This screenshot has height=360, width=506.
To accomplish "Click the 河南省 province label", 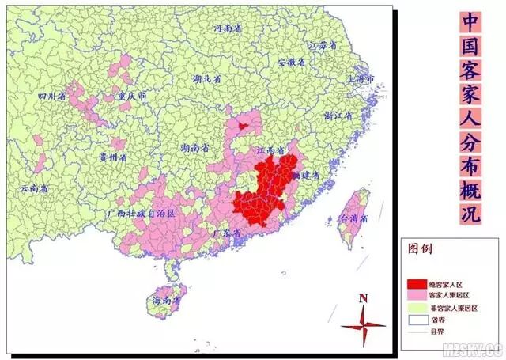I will point(228,28).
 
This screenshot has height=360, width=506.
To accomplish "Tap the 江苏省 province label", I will point(323,45).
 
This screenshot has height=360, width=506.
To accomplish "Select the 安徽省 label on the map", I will point(291,63).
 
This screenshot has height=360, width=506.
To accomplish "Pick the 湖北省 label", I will point(208,80).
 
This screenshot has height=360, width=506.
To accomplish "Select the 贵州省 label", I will point(112,157).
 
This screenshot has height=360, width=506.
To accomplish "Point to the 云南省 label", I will point(34,189).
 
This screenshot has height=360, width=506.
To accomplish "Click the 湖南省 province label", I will point(194,148).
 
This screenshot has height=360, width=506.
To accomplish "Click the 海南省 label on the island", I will point(166,301).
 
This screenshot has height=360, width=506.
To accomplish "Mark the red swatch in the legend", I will point(417,282).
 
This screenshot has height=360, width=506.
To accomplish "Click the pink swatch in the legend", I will point(417,295).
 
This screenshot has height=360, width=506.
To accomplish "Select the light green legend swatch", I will point(417,308).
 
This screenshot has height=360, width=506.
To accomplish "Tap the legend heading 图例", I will point(420,248).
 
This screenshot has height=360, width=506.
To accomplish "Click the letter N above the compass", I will point(363,298).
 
